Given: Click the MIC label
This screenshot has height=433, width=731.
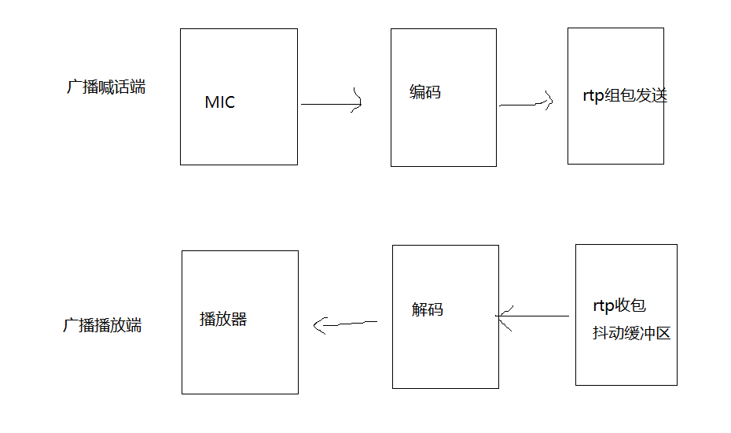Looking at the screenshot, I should [219, 102].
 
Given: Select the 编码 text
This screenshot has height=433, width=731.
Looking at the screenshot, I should [425, 92].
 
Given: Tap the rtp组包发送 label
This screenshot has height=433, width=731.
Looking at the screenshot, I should [620, 96].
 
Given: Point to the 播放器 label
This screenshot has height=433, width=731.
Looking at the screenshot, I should [223, 319].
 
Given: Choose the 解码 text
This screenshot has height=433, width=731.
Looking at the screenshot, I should [427, 309].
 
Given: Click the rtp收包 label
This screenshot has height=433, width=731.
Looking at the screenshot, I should [619, 305].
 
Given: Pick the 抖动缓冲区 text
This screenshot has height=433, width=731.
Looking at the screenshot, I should [631, 333].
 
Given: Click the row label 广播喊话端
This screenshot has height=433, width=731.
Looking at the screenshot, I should [106, 87].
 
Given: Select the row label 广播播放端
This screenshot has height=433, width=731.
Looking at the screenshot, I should [102, 325].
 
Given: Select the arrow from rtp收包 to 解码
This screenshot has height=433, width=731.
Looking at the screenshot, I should [534, 316].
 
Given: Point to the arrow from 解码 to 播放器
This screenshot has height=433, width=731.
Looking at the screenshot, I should [346, 323].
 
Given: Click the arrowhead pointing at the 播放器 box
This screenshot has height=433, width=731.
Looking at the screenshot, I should [319, 324].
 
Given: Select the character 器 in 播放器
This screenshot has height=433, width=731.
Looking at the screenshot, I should [239, 319].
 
